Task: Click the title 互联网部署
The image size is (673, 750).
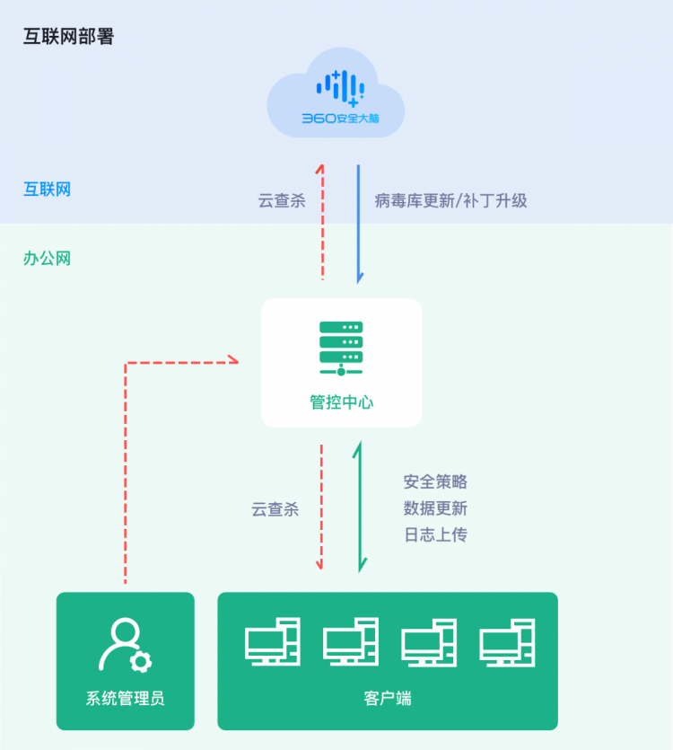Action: pos(68,37)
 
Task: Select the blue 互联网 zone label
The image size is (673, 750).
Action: pos(47,189)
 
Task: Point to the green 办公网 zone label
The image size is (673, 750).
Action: pos(47,259)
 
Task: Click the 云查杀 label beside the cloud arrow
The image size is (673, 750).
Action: pos(282,200)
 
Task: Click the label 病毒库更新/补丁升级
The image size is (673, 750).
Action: pos(450,200)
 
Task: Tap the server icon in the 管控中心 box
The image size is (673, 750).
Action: pos(341,349)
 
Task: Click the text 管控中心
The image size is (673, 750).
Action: pos(341,401)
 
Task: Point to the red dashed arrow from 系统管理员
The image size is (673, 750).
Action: pos(127,449)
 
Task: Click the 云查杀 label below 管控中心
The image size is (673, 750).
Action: pos(275,509)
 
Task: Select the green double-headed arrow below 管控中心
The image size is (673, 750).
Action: pos(361,507)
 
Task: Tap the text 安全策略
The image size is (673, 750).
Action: pos(435,482)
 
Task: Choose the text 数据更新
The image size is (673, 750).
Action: pos(435,508)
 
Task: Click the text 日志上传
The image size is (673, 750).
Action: pos(435,534)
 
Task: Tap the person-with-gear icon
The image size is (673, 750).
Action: pos(125,646)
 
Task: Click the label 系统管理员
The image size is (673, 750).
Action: pos(125,698)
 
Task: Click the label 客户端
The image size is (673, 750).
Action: pos(388,698)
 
